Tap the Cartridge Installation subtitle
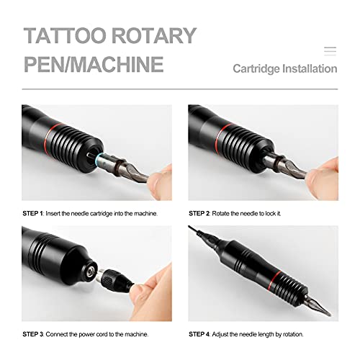(x=284, y=69)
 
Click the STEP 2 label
(x=202, y=213)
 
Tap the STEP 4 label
(x=202, y=334)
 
